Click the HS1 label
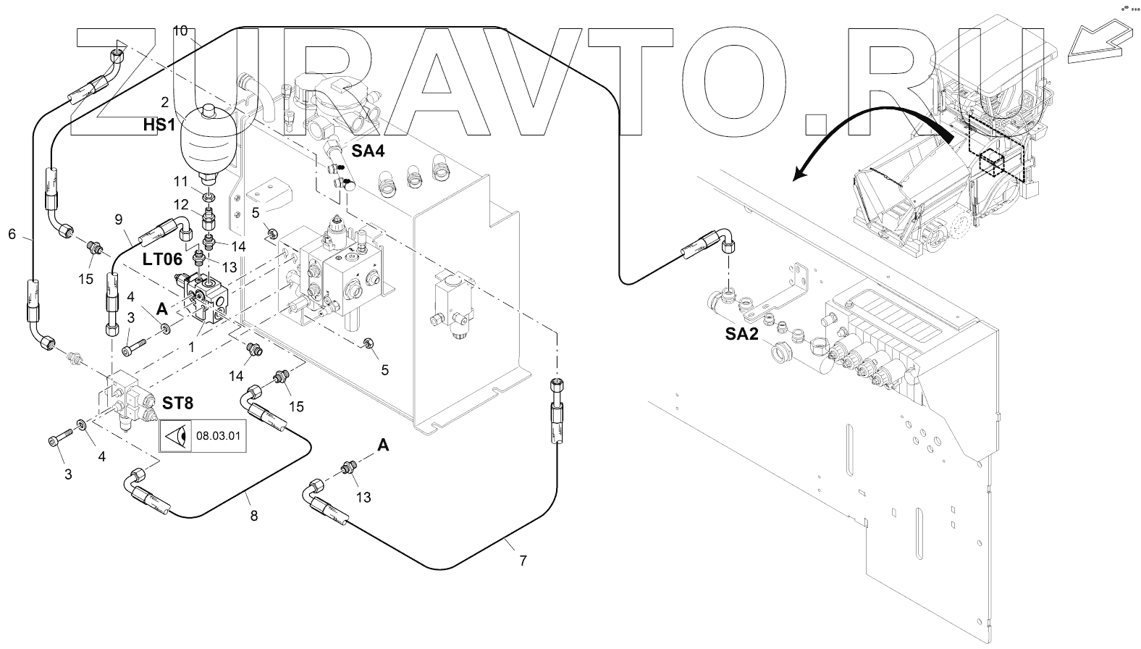159,125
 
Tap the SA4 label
368,151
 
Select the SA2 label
741,334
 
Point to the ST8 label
178,403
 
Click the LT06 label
162,259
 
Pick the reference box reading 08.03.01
203,436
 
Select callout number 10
180,31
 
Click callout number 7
523,561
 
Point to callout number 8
253,516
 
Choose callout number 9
119,219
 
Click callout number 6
12,234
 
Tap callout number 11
181,181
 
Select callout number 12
181,205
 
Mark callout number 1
192,347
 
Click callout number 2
164,102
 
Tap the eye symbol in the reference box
176,436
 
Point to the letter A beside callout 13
383,445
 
